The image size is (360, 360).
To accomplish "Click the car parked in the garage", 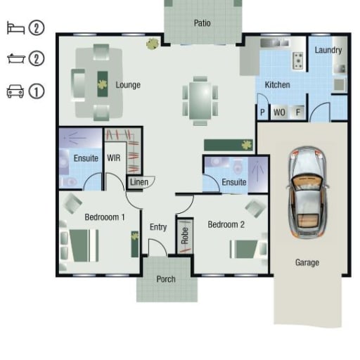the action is (x=307, y=193).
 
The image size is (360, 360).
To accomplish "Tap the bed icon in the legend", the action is (x=15, y=28).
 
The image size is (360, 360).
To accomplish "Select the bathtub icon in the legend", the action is (x=16, y=58).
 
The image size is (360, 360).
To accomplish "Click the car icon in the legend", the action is (x=15, y=91).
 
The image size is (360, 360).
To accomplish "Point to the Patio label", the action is (x=202, y=23).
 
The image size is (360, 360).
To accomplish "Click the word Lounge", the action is (x=128, y=85).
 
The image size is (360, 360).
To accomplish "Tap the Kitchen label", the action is (x=277, y=84).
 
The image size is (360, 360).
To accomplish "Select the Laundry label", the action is (x=328, y=50).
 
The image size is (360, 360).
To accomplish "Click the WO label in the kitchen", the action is (x=279, y=112).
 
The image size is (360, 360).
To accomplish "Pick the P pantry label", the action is (x=262, y=112).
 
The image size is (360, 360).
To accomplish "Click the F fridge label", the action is (x=298, y=112).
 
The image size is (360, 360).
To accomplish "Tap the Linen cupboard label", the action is (x=139, y=182).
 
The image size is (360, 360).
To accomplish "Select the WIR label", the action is (x=114, y=157).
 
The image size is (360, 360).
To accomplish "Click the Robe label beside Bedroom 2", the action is (x=185, y=236).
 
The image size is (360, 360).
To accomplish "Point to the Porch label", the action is (x=166, y=279).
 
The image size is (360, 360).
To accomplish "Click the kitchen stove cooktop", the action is (x=298, y=60).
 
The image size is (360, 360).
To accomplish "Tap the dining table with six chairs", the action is (x=200, y=101).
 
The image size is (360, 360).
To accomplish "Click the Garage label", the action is (x=307, y=262).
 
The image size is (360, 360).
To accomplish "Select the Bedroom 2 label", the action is (x=226, y=224).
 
